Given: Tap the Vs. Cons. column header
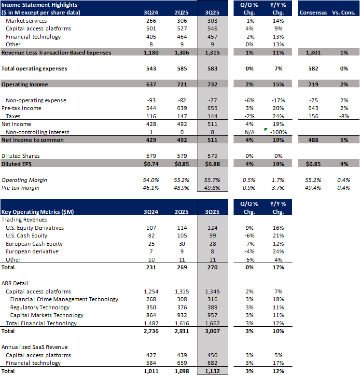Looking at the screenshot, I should (344, 12).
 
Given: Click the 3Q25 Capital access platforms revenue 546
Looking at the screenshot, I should (213, 28).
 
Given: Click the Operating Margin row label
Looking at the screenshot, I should (22, 180).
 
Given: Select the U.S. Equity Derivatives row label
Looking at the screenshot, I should (34, 227).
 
